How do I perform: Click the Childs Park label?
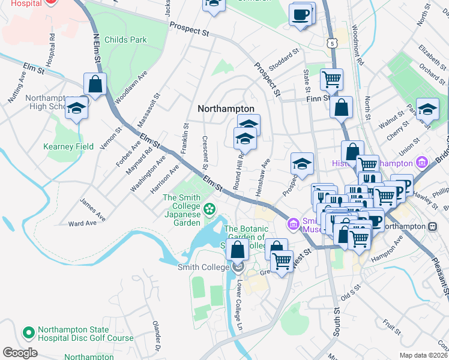point(125,40)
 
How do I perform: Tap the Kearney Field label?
point(68,146)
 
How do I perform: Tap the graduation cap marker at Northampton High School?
point(77,108)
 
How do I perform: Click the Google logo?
point(20,352)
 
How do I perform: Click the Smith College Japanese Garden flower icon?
point(209,209)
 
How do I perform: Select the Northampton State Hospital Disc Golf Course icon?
point(28,332)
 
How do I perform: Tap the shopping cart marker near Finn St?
point(331,78)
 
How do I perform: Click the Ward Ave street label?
point(82,223)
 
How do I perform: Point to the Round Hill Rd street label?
point(241,170)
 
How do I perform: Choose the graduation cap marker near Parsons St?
point(427,109)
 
